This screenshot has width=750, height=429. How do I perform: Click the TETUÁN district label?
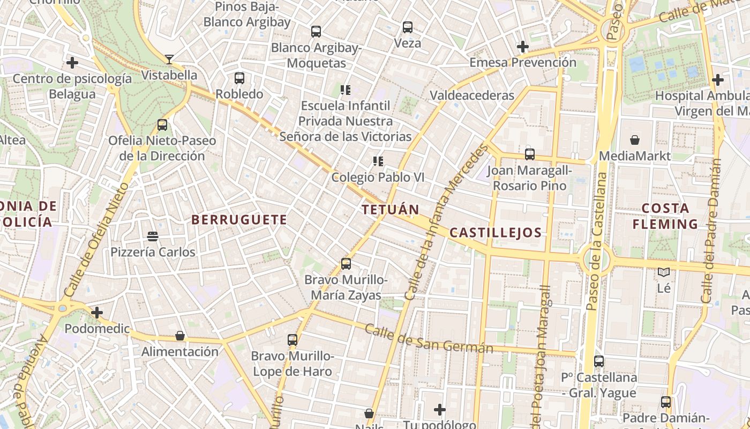pyautogui.click(x=390, y=209)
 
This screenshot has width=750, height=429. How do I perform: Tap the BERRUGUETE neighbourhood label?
pyautogui.click(x=239, y=220)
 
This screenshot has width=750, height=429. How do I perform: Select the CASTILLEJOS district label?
pyautogui.click(x=496, y=233)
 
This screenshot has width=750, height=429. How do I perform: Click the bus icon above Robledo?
pyautogui.click(x=239, y=78)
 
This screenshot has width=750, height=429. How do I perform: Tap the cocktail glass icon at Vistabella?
pyautogui.click(x=169, y=59)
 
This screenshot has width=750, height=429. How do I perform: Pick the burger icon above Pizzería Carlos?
pyautogui.click(x=153, y=236)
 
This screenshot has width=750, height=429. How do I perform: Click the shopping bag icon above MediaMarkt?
pyautogui.click(x=635, y=140)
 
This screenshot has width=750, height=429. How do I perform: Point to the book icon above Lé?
pyautogui.click(x=664, y=272)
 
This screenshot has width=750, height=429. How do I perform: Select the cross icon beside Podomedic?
pyautogui.click(x=97, y=312)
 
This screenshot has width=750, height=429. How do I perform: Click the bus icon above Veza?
pyautogui.click(x=408, y=27)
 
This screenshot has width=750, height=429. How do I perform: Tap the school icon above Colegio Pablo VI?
pyautogui.click(x=378, y=161)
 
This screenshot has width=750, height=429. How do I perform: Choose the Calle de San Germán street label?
pyautogui.click(x=429, y=339)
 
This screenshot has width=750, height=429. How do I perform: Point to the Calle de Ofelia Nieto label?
pyautogui.click(x=96, y=240)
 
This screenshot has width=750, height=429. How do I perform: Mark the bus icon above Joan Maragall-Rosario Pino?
pyautogui.click(x=530, y=154)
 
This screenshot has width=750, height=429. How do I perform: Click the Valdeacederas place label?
pyautogui.click(x=472, y=95)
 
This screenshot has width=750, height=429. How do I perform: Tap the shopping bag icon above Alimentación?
pyautogui.click(x=180, y=336)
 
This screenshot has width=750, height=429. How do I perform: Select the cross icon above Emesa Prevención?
pyautogui.click(x=523, y=47)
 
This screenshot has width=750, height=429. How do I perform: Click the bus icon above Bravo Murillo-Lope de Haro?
pyautogui.click(x=292, y=339)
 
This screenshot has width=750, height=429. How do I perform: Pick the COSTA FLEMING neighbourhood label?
pyautogui.click(x=665, y=216)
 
